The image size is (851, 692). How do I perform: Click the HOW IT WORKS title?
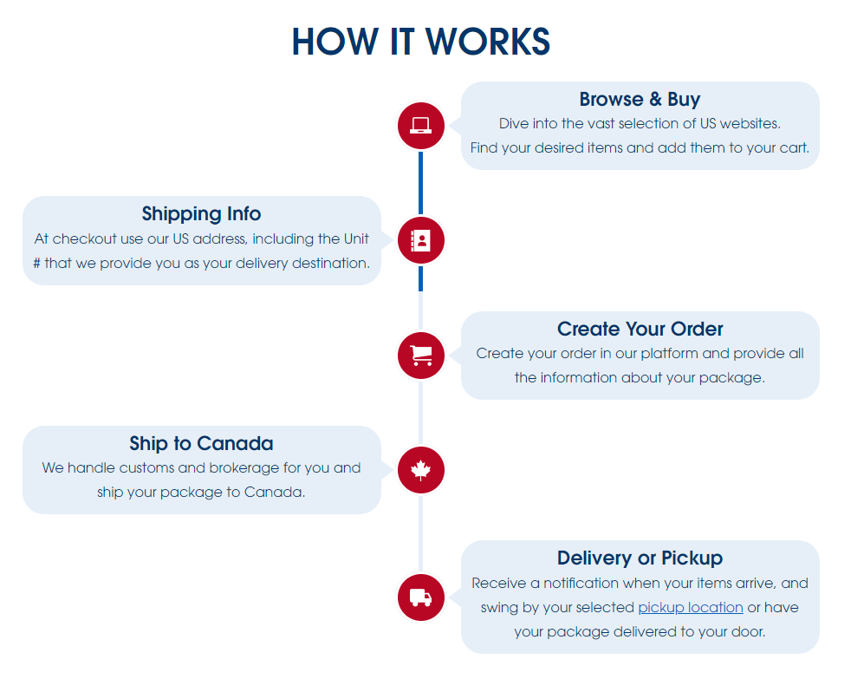click(421, 42)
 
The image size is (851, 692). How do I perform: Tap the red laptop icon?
click(421, 126)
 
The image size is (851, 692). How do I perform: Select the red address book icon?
click(421, 240)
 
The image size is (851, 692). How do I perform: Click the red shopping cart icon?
click(421, 355)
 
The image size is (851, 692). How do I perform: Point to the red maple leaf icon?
click(421, 470)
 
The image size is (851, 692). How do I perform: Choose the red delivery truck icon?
click(421, 597)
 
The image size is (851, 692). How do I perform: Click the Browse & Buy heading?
click(640, 100)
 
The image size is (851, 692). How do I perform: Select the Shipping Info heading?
click(201, 213)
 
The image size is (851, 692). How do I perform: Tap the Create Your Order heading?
click(640, 329)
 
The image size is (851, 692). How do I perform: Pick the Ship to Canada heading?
click(201, 444)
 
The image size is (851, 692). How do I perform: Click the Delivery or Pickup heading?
click(640, 558)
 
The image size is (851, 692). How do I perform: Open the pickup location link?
click(690, 607)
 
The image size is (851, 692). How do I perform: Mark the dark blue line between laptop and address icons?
click(421, 182)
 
